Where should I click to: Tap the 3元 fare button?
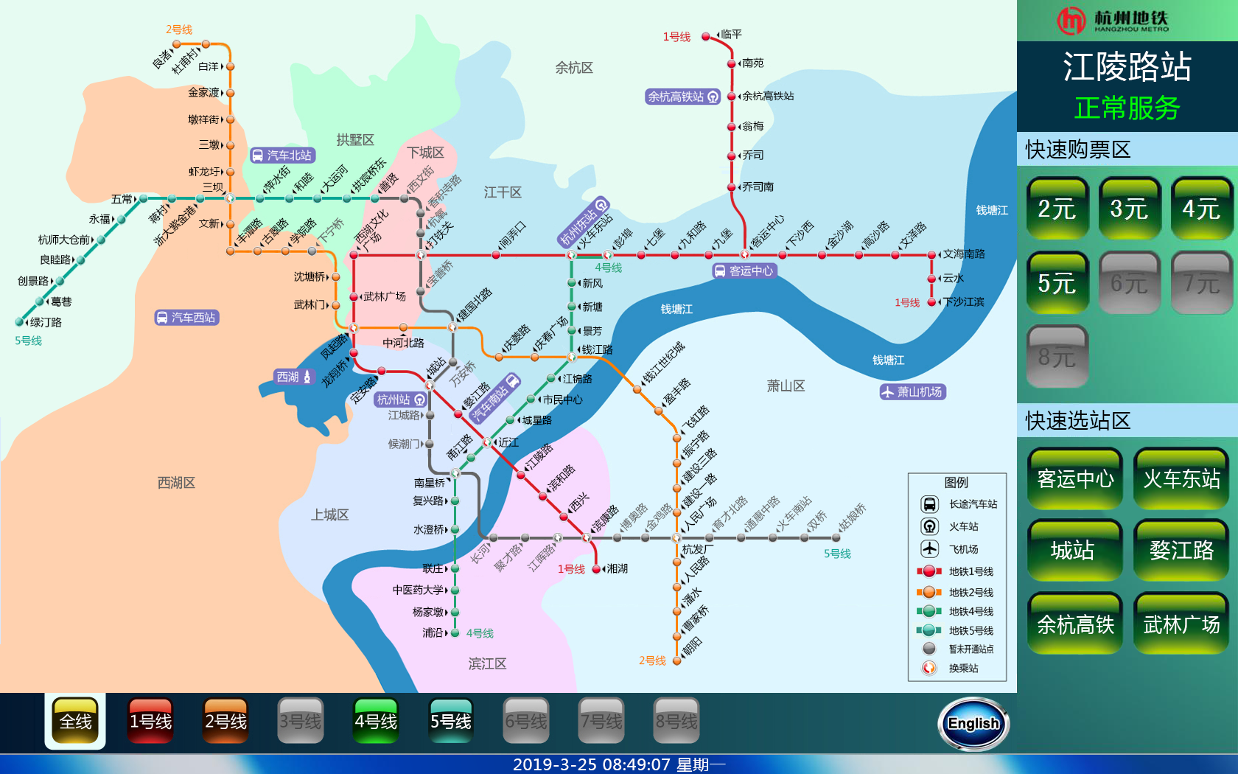(1128, 209)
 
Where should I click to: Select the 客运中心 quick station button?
(1075, 479)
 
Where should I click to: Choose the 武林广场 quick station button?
(1181, 625)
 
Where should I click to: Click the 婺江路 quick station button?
(1181, 551)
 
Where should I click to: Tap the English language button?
(973, 724)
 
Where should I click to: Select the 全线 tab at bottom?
(75, 722)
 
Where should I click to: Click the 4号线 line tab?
(376, 722)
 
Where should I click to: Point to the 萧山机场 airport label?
(913, 392)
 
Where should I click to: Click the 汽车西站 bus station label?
(187, 318)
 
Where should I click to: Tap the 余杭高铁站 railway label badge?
(682, 97)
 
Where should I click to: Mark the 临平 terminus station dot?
(706, 35)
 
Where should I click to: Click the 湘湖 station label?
(617, 569)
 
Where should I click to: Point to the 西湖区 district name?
(176, 483)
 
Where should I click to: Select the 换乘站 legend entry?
(963, 669)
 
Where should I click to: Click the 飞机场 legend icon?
(929, 549)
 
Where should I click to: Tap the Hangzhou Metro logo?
(1113, 21)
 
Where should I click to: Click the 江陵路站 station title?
(1127, 67)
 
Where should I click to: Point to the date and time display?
(619, 764)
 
